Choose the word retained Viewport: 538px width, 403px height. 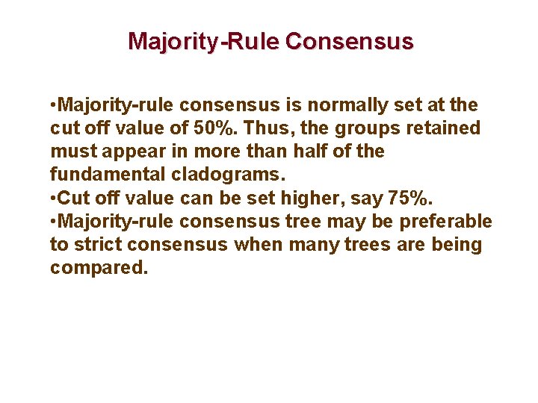(x=442, y=128)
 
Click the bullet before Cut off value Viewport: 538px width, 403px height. (x=53, y=198)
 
